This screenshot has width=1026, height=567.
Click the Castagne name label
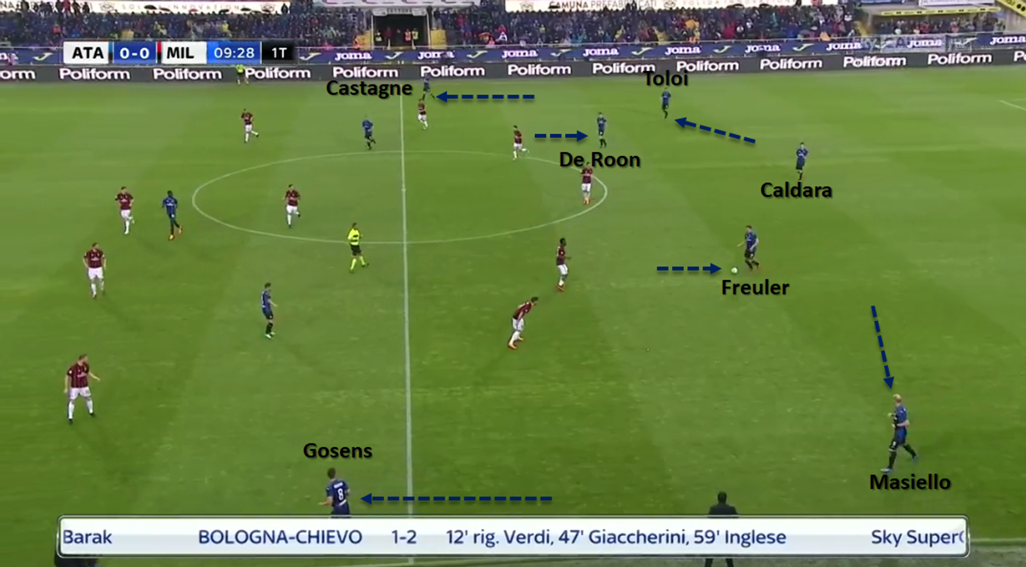(x=369, y=88)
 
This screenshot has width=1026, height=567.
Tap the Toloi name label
(x=666, y=79)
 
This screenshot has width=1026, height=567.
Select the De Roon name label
(x=600, y=160)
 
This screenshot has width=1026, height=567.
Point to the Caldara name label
(x=796, y=190)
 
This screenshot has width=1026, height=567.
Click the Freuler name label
(x=755, y=288)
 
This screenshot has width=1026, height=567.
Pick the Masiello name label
(x=910, y=482)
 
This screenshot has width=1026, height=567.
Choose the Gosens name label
(x=337, y=451)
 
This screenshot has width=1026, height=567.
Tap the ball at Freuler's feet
(x=734, y=270)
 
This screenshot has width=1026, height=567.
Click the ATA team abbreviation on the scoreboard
(x=87, y=53)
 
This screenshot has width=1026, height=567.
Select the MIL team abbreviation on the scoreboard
(x=180, y=53)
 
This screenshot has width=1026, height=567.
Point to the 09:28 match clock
(x=234, y=53)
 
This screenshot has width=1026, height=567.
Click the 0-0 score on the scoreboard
(x=134, y=53)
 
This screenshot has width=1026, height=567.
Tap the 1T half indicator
(x=278, y=53)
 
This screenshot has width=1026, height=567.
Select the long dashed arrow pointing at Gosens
(x=457, y=499)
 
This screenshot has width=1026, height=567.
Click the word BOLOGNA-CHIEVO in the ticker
(x=280, y=537)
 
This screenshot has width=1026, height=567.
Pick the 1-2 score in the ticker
(x=403, y=537)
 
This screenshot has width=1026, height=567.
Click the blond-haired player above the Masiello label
(x=900, y=433)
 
